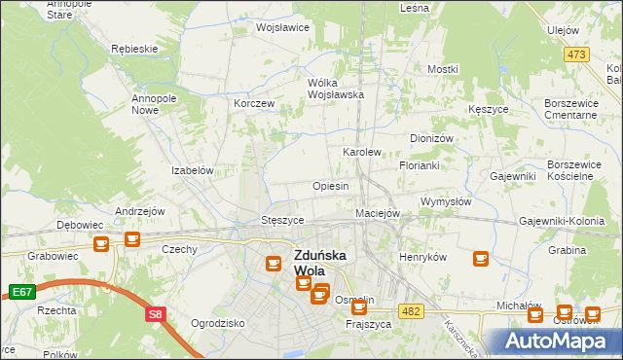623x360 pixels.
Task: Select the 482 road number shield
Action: [x=411, y=308]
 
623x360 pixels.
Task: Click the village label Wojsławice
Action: [x=282, y=27]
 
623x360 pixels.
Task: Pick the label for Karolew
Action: [x=361, y=153]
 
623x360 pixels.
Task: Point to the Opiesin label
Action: [x=330, y=186]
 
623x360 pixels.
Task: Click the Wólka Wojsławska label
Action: [x=335, y=89]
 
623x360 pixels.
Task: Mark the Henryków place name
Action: [x=422, y=257]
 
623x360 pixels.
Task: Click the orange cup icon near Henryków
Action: [x=480, y=258]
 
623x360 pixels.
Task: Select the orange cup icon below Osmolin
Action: [x=358, y=308]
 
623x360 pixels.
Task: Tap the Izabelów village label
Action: [x=193, y=170]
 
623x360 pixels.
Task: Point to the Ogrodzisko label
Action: [x=217, y=323]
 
